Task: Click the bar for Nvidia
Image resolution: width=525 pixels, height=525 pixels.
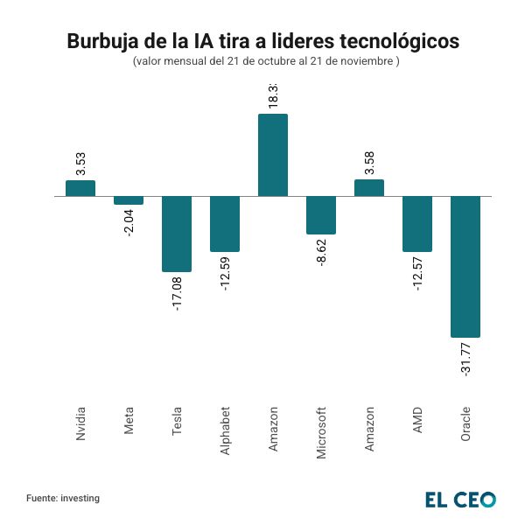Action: point(80,188)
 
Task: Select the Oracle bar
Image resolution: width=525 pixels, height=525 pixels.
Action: point(465,266)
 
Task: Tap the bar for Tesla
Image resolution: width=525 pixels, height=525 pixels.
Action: point(177,234)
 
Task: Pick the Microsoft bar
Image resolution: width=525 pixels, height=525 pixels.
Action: point(321,215)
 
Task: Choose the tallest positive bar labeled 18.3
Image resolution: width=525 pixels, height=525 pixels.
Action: point(273,155)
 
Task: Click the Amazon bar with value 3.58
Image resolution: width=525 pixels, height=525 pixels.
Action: point(369,188)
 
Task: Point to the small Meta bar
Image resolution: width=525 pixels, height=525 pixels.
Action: point(129,200)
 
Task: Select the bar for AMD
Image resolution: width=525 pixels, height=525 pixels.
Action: point(417,224)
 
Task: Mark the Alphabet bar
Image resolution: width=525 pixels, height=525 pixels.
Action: point(225,224)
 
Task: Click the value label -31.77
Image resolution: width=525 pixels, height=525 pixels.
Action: point(465,360)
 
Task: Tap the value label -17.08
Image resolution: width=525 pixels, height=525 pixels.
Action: point(177,294)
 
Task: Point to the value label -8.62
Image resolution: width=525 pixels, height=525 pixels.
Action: point(321,251)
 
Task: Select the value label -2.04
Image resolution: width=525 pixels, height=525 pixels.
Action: point(129,222)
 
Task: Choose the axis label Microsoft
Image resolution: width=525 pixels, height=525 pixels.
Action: point(321,432)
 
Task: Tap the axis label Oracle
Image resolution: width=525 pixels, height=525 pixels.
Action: point(465,423)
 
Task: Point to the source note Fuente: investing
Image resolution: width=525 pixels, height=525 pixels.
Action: point(63,498)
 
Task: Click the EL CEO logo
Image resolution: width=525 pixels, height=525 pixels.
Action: point(460,500)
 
